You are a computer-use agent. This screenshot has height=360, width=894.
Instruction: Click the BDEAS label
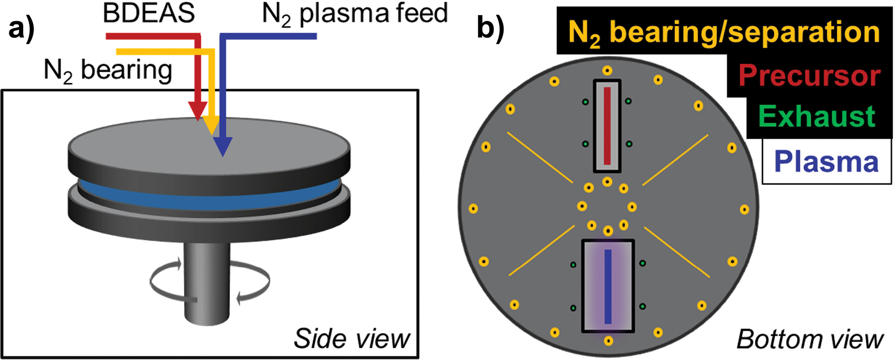[149, 13]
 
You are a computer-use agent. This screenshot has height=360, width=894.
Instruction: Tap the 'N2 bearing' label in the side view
[108, 71]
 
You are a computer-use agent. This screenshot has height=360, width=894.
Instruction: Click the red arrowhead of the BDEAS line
[198, 112]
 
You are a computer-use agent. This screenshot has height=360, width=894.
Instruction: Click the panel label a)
[21, 29]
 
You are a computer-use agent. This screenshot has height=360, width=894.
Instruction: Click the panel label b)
[490, 27]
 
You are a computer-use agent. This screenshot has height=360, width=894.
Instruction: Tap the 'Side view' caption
[351, 339]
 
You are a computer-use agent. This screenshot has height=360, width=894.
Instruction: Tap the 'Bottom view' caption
[809, 340]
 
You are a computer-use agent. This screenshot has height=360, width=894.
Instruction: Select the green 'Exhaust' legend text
[816, 116]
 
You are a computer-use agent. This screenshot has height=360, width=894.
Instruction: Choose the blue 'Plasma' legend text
[826, 162]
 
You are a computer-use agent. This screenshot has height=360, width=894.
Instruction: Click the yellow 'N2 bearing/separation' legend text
[723, 32]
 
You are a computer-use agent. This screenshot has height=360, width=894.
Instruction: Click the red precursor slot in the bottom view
[607, 125]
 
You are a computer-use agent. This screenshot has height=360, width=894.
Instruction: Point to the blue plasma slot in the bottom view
[608, 286]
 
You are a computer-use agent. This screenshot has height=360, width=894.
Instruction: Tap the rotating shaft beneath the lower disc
[207, 284]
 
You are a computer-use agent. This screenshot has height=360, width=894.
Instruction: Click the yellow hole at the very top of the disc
[607, 71]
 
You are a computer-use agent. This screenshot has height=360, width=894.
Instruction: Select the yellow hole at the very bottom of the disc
[609, 341]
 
